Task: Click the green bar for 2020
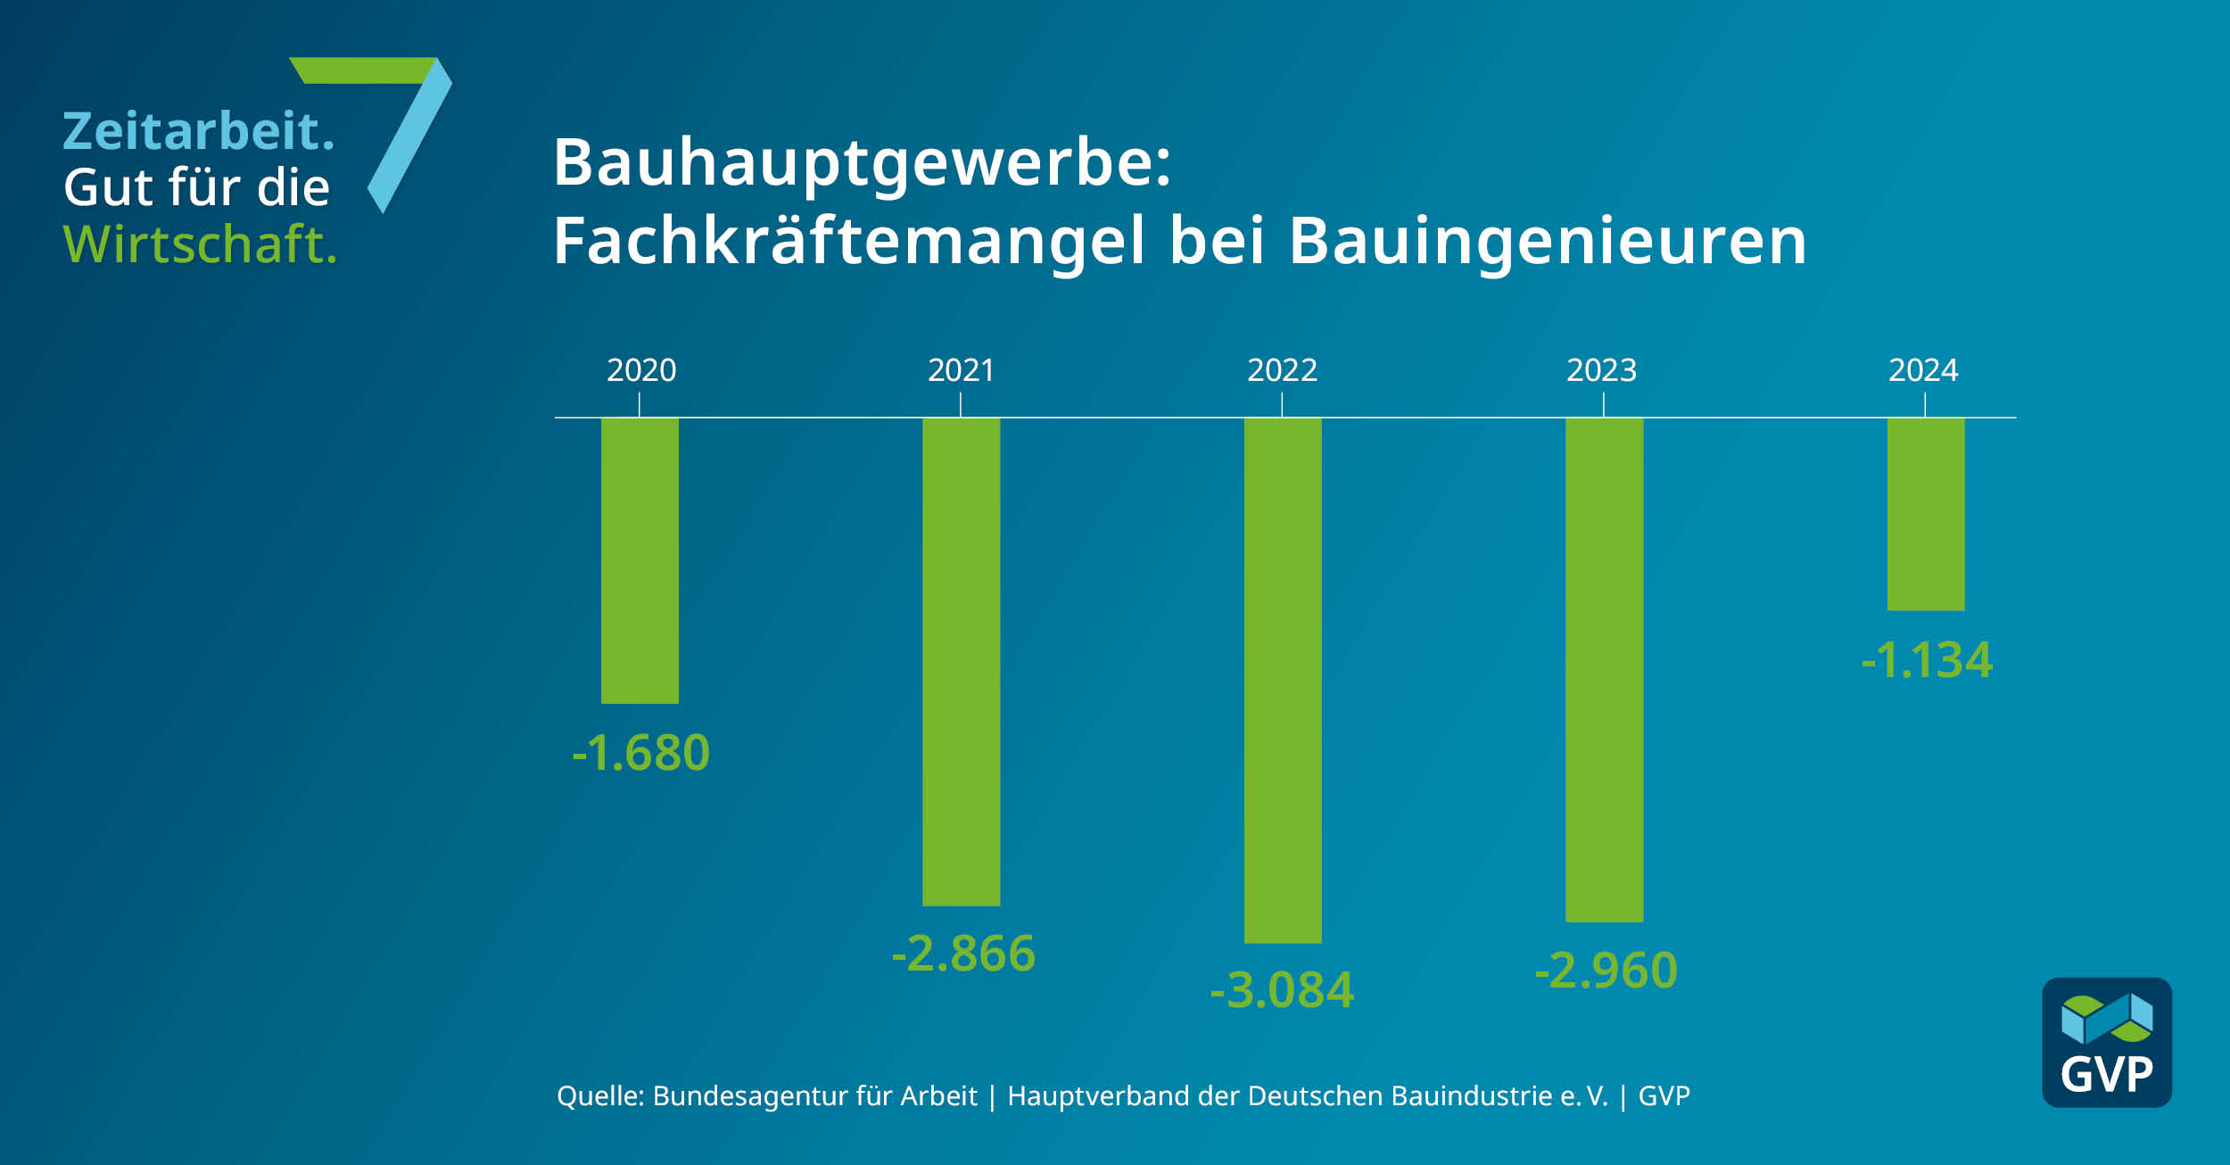coord(640,560)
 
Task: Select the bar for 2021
coord(961,661)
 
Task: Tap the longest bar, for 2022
coord(1283,680)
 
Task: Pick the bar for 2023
coord(1604,669)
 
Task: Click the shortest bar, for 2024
coord(1926,514)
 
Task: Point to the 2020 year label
coord(641,370)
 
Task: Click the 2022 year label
coord(1282,370)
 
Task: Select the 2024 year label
coord(1923,370)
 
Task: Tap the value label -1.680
coord(640,752)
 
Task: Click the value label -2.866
coord(963,953)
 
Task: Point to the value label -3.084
coord(1282,990)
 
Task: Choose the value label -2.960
coord(1606,971)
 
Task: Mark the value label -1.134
coord(1927,660)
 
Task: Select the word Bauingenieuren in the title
coord(1548,241)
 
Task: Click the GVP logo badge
coord(2107,1043)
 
